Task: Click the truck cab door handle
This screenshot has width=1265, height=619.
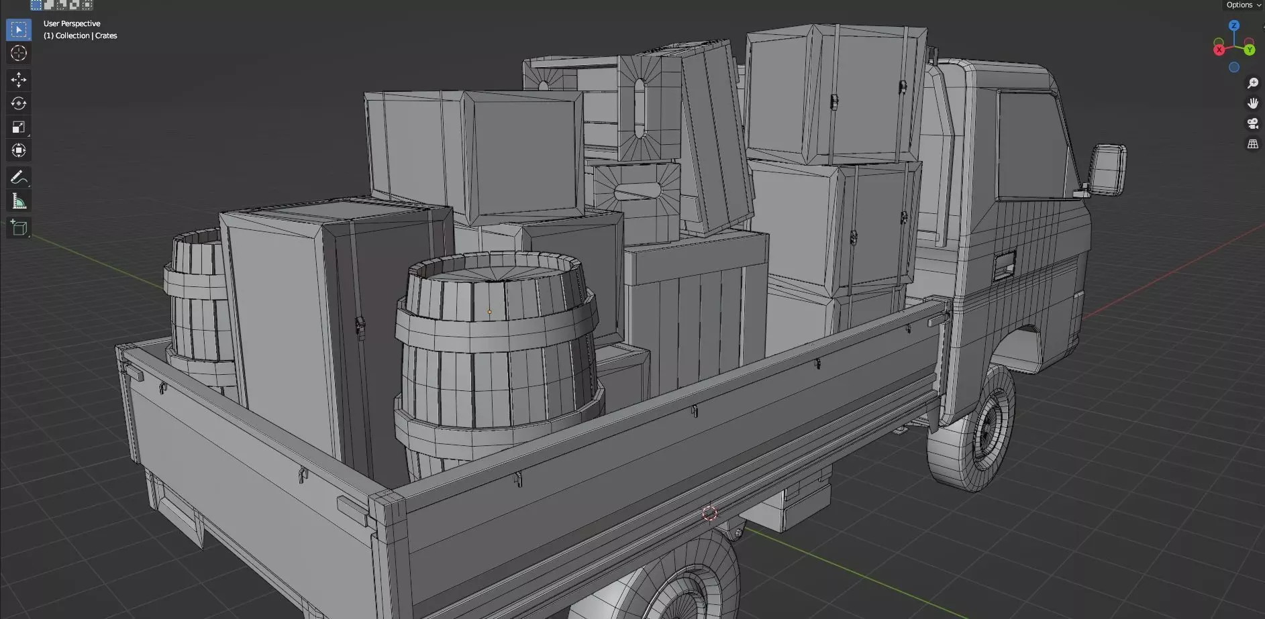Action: click(x=1004, y=264)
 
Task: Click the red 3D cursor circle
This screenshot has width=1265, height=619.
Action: click(x=709, y=514)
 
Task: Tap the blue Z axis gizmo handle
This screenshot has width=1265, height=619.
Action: click(x=1233, y=25)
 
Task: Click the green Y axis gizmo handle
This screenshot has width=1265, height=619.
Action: click(x=1249, y=50)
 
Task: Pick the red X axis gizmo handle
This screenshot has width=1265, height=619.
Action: click(x=1219, y=50)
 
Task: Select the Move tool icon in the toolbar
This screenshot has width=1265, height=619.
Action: click(x=18, y=80)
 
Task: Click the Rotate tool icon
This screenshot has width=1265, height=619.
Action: click(x=18, y=103)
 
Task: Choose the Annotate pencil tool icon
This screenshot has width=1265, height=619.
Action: click(x=18, y=177)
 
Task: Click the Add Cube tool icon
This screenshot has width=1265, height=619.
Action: click(x=18, y=227)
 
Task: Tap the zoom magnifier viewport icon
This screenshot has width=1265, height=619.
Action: click(x=1252, y=83)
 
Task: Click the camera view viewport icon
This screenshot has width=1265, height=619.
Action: click(x=1252, y=123)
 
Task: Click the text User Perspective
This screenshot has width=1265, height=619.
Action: click(x=72, y=23)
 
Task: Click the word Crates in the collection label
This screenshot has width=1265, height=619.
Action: click(x=106, y=36)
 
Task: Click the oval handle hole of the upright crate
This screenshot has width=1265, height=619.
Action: click(x=640, y=108)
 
